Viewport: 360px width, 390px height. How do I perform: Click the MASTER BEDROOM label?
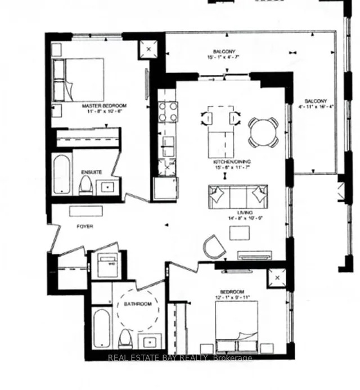pos(103,105)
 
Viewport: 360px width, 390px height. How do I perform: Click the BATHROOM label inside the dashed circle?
pos(138,304)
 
